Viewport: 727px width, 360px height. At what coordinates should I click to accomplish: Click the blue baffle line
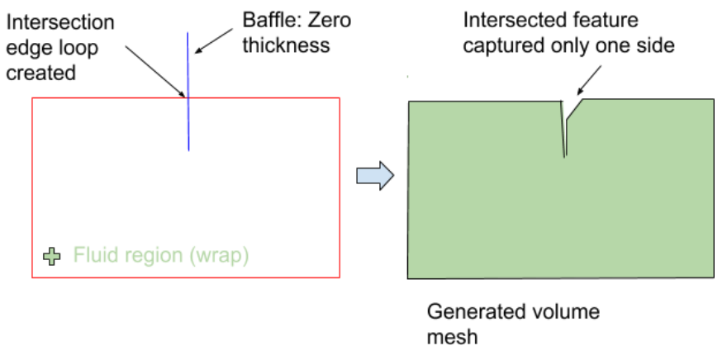pos(188,92)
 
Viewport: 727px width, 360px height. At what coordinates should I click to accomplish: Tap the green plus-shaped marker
pos(51,256)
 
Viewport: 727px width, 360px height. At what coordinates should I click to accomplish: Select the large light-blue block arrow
pos(375,176)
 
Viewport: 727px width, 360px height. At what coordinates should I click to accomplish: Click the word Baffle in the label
pos(268,20)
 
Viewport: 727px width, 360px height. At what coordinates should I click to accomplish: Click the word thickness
pos(286,45)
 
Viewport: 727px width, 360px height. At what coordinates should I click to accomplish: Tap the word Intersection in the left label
pos(60,22)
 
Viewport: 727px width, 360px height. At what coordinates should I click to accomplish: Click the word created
pos(40,73)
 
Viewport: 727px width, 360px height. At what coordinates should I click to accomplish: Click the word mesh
pos(452,337)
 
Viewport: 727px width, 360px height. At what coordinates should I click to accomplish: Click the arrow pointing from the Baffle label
pos(213,40)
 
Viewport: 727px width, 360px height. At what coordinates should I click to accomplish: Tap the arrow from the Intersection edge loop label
pos(156,72)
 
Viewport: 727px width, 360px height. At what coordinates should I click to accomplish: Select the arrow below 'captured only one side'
pos(589,80)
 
